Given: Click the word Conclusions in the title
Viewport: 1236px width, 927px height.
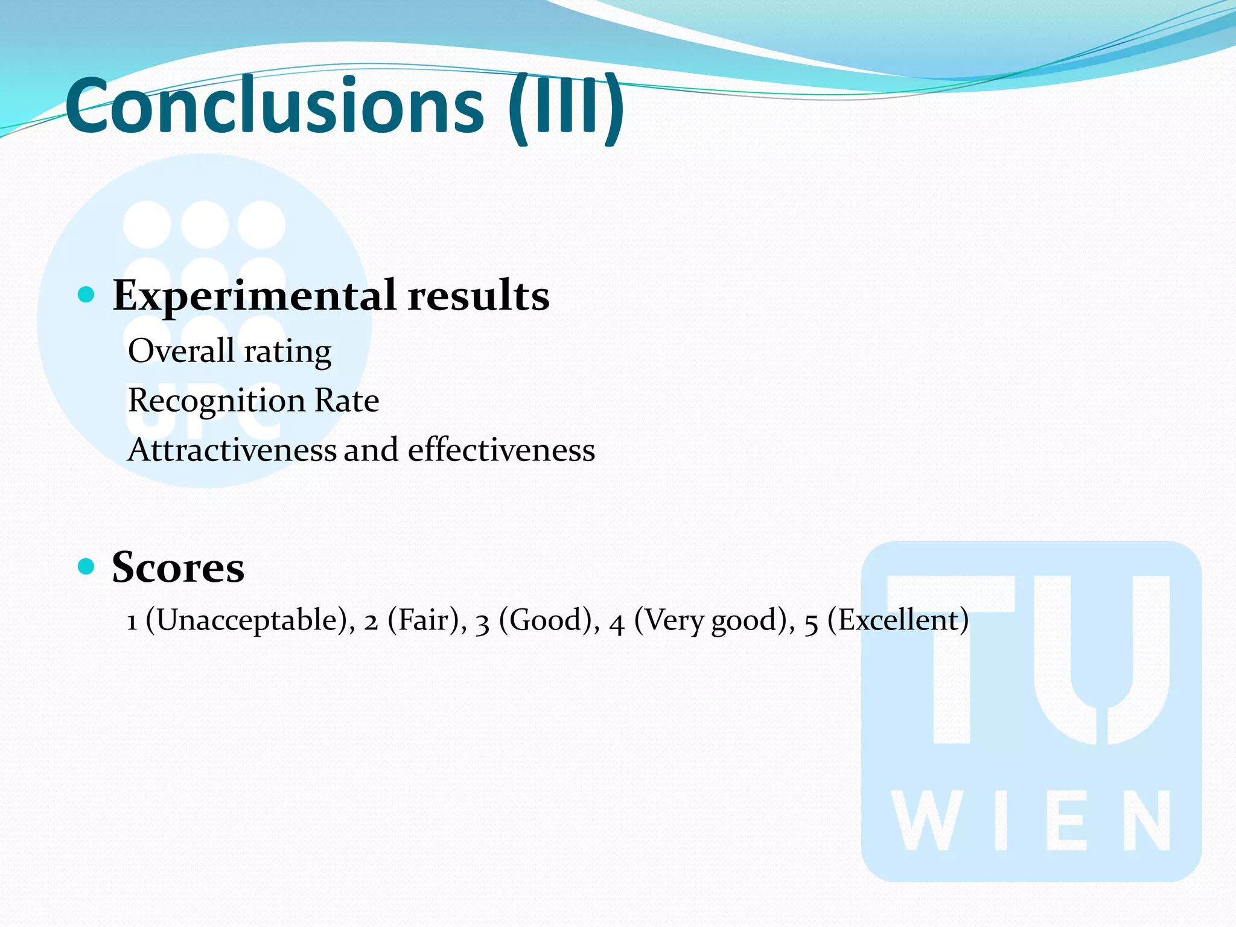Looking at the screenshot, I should pos(275,106).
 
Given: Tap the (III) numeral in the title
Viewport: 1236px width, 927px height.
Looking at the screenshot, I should pos(566,107).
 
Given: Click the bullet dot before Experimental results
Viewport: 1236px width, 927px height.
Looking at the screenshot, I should pos(86,295).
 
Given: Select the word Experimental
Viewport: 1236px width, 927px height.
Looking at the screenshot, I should pos(254,296).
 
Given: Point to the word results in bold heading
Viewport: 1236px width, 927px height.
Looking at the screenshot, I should pos(478,296).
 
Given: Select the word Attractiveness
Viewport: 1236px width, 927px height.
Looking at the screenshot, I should pos(232,450).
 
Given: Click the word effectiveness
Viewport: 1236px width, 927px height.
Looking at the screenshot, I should pos(501,450).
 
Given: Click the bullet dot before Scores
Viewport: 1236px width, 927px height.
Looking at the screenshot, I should pos(86,566).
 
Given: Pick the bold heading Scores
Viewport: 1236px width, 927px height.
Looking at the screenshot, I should pos(178,567).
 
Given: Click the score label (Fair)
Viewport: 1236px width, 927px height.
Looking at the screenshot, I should pos(427,620).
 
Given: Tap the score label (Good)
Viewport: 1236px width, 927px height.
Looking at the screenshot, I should pos(549,620).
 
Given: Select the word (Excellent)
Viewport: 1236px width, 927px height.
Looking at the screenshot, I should pos(897,620).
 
